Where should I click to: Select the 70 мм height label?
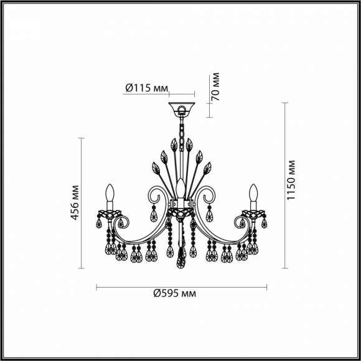(x=215, y=87)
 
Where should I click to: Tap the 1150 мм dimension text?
(x=292, y=180)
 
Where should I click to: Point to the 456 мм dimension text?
(x=75, y=202)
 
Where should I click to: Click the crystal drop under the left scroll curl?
(x=154, y=215)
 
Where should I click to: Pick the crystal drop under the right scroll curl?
(x=209, y=215)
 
